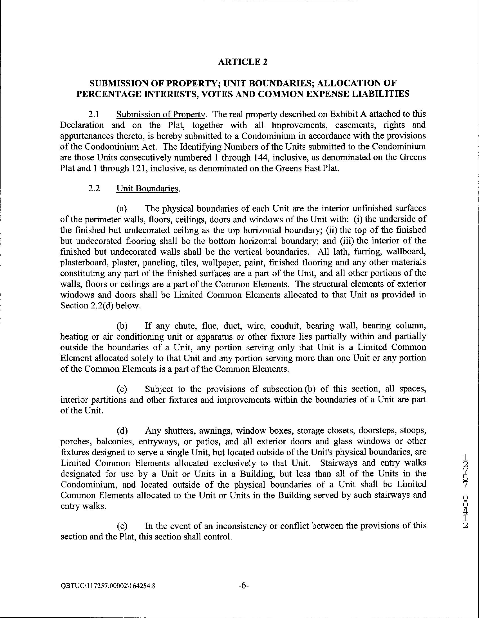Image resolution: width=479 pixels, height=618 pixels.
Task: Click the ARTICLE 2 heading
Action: [x=243, y=62]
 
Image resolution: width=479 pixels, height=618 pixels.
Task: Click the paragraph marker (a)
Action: [x=122, y=209]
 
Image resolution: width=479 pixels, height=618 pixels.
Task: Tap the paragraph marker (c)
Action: [x=122, y=389]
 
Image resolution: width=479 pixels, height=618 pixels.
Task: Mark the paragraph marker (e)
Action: [x=122, y=526]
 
